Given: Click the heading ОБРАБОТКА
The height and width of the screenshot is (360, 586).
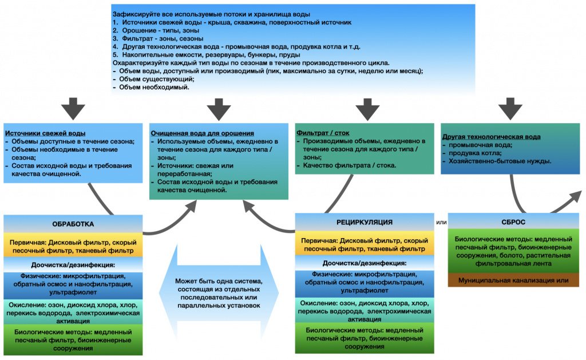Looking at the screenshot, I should (x=73, y=224).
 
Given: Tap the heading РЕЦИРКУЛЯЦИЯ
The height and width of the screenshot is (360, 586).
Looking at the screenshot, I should (x=364, y=222).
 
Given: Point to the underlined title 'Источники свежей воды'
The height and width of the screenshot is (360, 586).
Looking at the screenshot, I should (x=45, y=133).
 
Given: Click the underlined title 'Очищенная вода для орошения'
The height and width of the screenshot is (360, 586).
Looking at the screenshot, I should (x=202, y=133).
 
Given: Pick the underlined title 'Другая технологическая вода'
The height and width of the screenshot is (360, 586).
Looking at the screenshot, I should (x=491, y=137).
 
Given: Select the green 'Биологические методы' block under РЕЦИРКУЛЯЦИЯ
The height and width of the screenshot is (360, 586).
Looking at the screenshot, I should (x=364, y=338).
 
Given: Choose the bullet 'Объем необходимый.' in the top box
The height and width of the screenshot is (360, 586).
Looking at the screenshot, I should (x=155, y=88).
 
